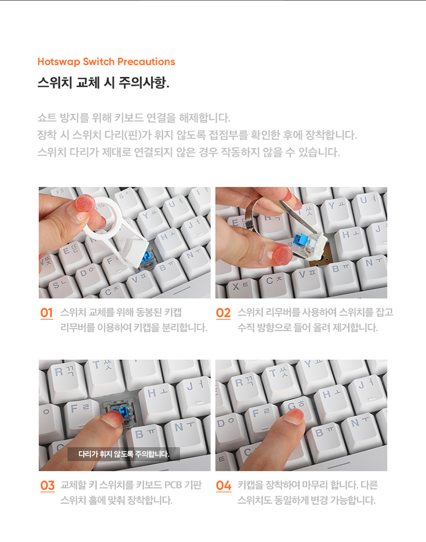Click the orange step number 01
pos(47,313)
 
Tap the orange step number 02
pos(223,313)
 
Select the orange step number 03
pos(48,485)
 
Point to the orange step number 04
pos(223,485)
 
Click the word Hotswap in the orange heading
pos(59,62)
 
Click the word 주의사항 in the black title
pos(144,83)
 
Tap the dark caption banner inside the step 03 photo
pos(123,454)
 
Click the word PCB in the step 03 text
pos(173,485)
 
